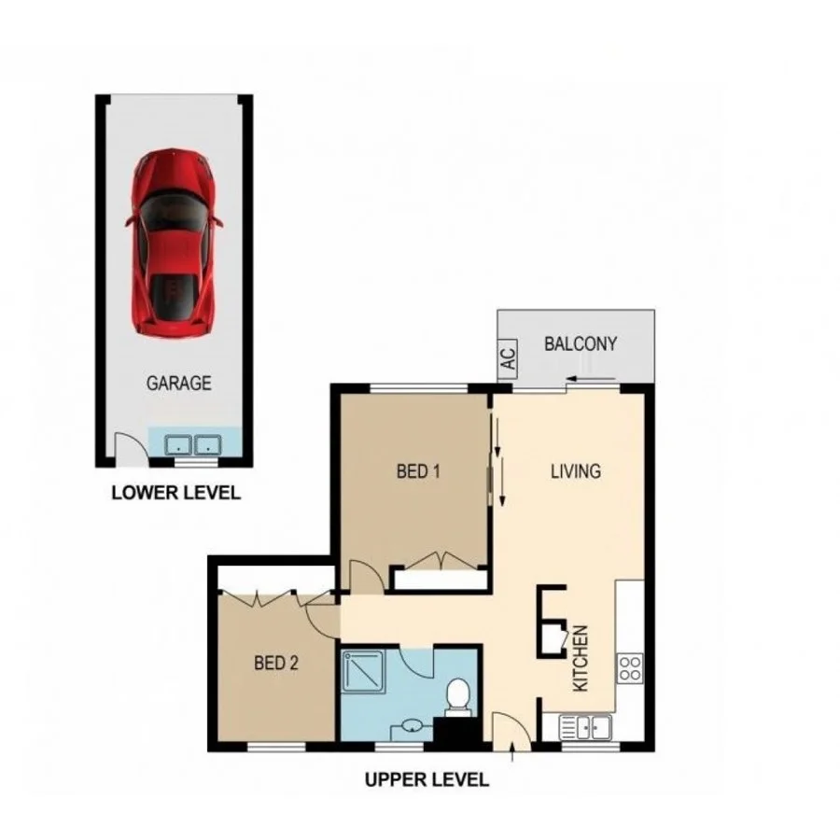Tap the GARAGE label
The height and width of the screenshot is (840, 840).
[x=177, y=383]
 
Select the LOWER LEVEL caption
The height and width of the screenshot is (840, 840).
[x=175, y=493]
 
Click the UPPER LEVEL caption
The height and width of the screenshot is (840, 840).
[x=427, y=779]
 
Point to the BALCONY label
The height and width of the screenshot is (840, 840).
[x=580, y=343]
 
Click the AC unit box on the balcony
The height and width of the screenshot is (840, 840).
[x=508, y=360]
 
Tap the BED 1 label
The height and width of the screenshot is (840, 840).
[x=417, y=471]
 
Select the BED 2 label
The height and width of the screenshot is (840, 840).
[x=276, y=664]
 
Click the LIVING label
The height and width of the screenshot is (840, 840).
[x=575, y=471]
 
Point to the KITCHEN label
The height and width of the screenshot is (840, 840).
[x=580, y=657]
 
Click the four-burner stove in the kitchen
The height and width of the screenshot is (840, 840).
[x=629, y=666]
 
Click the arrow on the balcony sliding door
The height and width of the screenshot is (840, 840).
[x=582, y=379]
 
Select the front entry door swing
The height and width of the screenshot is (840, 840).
[x=507, y=728]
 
